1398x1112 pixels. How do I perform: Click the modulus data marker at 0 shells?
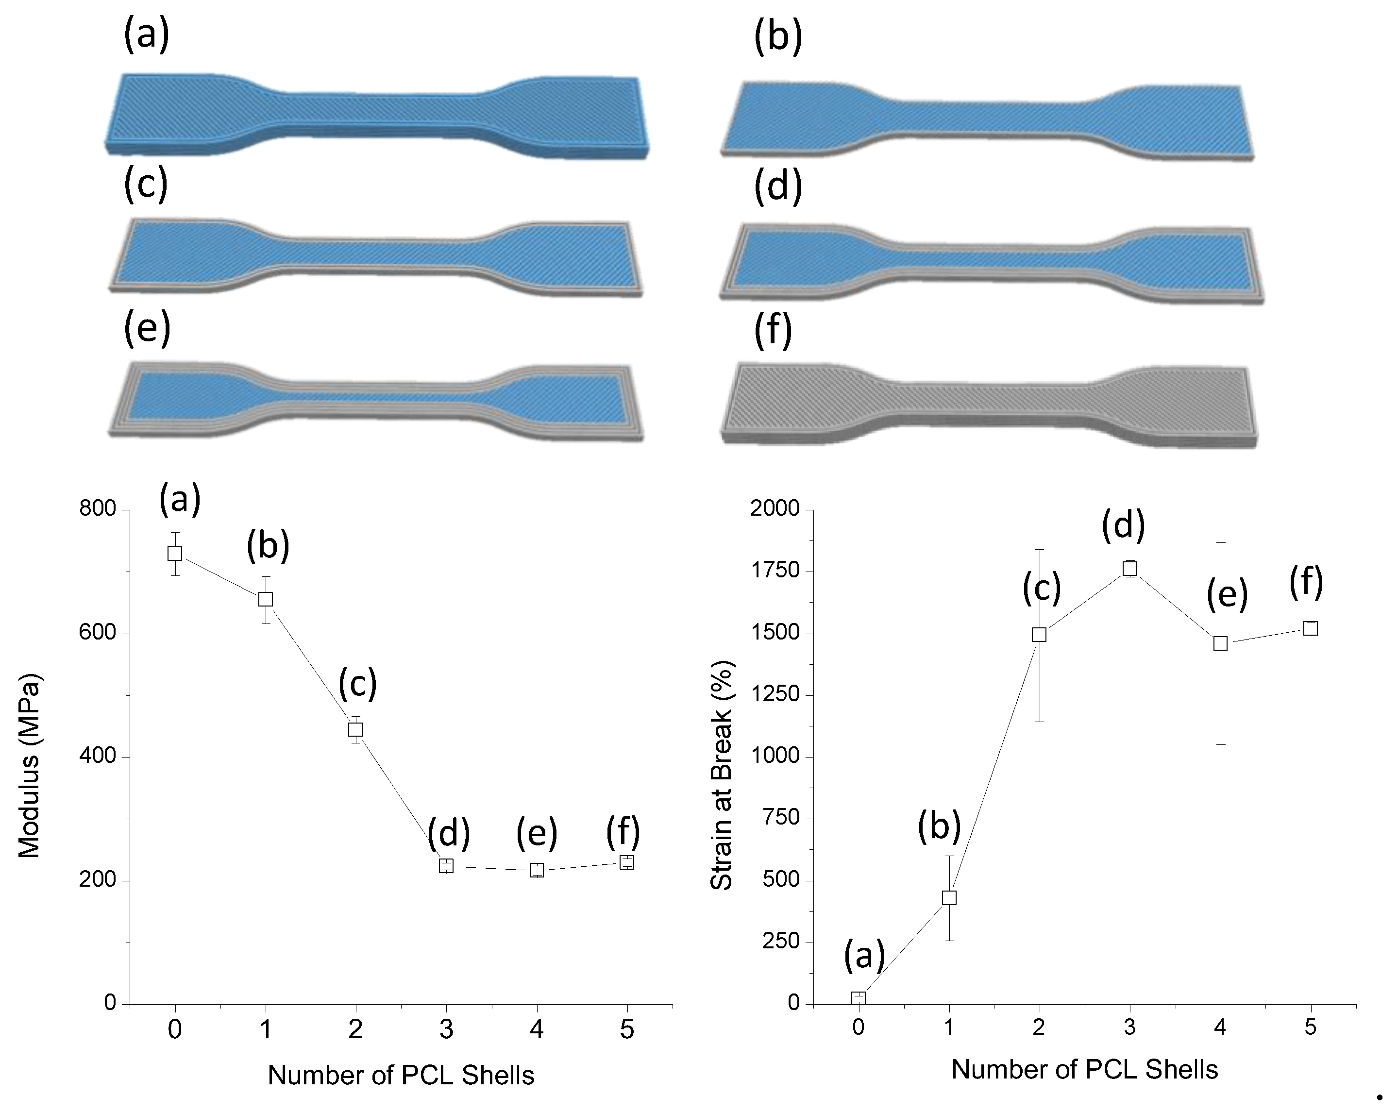coord(174,553)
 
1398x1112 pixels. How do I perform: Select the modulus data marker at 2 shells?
coord(355,729)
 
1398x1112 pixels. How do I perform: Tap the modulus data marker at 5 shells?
coord(626,862)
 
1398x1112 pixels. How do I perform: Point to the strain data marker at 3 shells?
coord(1129,569)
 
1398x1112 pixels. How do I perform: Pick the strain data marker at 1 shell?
coord(949,898)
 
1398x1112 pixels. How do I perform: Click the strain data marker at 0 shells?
coord(859,998)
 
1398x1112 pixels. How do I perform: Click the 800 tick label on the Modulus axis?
coord(97,509)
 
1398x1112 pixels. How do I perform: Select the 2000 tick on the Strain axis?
coord(775,509)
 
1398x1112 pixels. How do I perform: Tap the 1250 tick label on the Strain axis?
coord(775,694)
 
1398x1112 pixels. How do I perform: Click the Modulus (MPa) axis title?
coord(29,765)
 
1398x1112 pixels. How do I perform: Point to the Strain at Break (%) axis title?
coord(721,775)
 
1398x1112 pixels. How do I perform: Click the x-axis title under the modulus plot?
coord(401,1075)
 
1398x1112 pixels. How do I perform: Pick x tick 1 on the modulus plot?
coord(265,1029)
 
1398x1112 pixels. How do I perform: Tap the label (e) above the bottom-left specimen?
coord(147,328)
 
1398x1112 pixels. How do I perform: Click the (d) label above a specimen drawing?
coord(778,185)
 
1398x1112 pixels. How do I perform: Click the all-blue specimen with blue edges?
coord(376,116)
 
